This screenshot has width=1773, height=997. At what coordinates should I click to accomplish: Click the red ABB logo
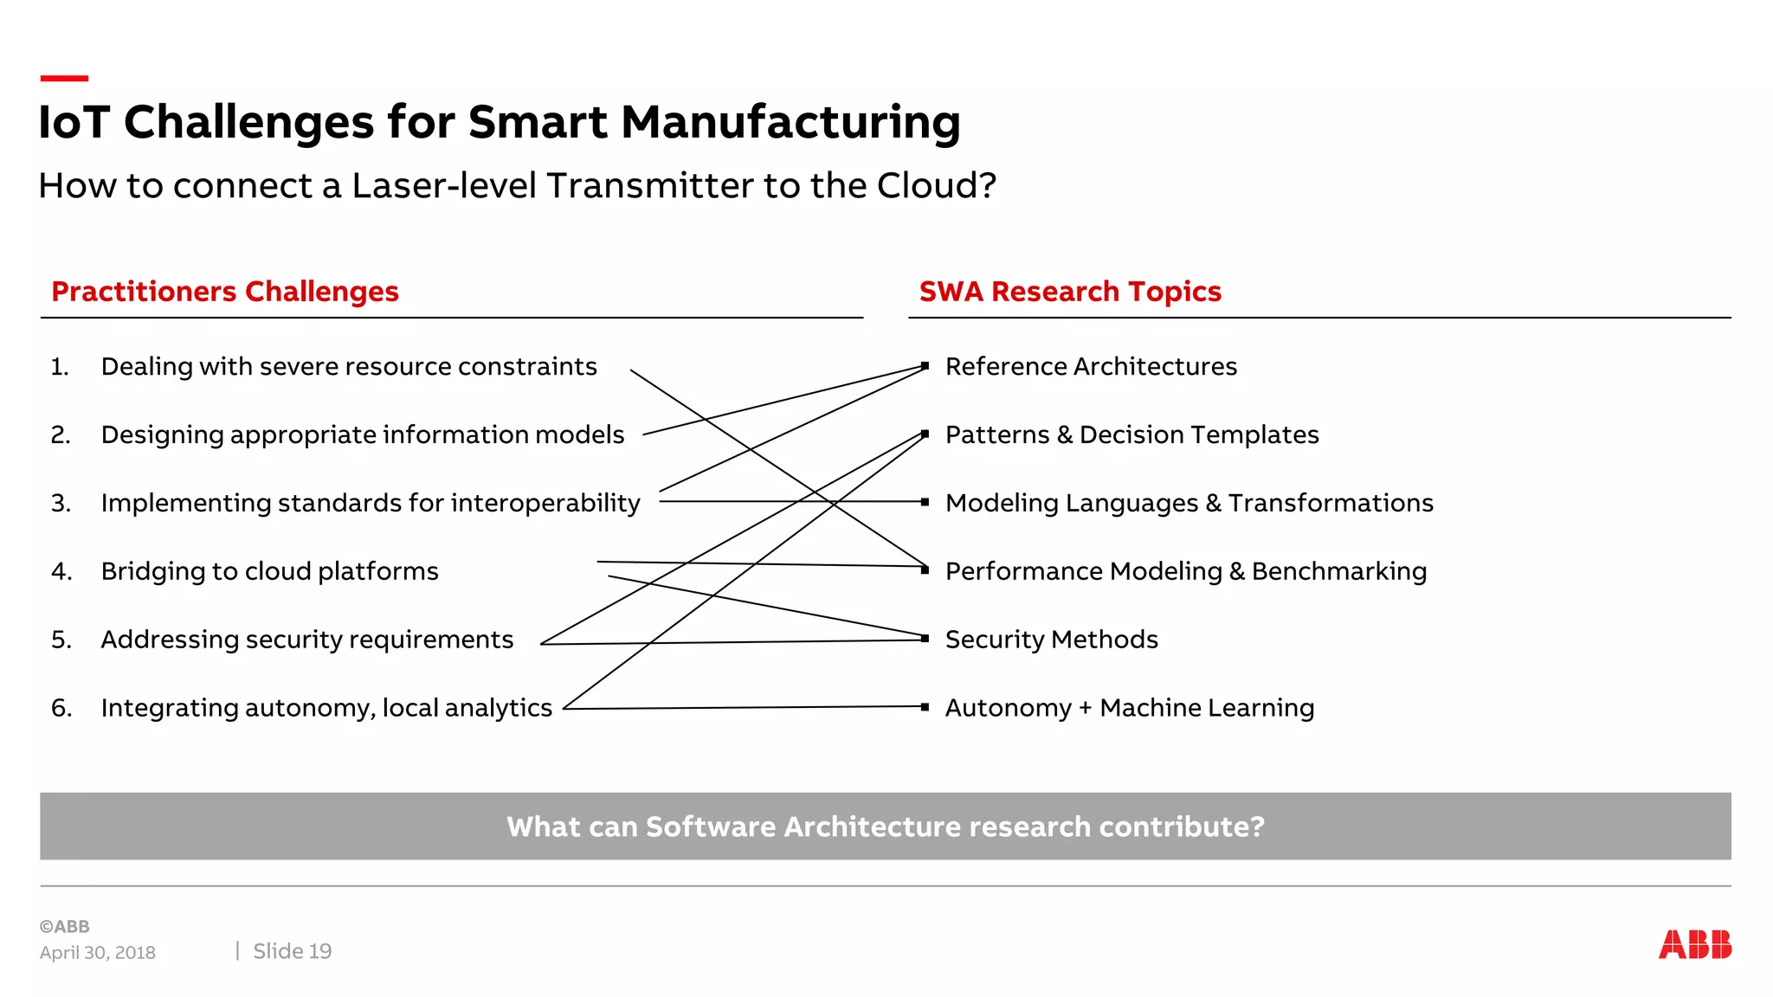(1694, 944)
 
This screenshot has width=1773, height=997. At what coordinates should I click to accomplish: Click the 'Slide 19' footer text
(292, 951)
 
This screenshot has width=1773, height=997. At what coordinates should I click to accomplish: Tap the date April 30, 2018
(97, 953)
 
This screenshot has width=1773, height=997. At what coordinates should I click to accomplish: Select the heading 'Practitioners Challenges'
(225, 292)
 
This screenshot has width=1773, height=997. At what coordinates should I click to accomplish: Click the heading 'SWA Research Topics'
(1070, 292)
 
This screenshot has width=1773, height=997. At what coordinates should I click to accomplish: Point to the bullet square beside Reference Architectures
(925, 366)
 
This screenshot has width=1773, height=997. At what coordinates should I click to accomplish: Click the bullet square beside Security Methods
(925, 639)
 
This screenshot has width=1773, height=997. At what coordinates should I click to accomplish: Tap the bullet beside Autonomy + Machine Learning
(925, 707)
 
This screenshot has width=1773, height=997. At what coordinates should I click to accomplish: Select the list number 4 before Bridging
(61, 571)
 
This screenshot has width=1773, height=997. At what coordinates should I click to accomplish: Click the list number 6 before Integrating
(61, 708)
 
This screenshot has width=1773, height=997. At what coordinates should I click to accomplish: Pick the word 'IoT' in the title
(74, 122)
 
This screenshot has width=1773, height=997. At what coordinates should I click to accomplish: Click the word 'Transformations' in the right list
(1331, 503)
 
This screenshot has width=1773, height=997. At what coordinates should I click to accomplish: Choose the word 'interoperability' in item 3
(545, 504)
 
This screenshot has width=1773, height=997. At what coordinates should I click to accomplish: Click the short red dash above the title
(64, 79)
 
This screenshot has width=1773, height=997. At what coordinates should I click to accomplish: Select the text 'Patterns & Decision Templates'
(1131, 434)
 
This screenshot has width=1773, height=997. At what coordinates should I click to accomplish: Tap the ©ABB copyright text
(65, 926)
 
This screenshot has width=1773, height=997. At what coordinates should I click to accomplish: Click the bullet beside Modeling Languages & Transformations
(925, 502)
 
